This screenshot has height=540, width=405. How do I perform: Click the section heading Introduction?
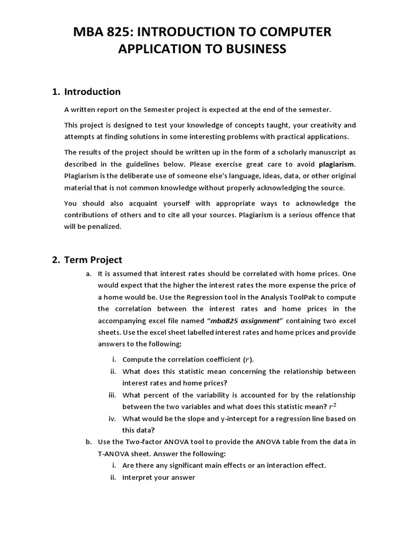[x=92, y=92]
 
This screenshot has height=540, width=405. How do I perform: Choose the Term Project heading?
[x=93, y=259]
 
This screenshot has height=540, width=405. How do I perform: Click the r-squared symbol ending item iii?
[x=332, y=407]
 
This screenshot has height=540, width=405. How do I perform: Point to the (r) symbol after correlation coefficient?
[x=248, y=360]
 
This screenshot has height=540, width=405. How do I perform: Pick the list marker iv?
[x=112, y=418]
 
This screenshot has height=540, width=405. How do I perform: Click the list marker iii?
[x=111, y=395]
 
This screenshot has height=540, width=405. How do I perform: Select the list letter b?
[x=88, y=442]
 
